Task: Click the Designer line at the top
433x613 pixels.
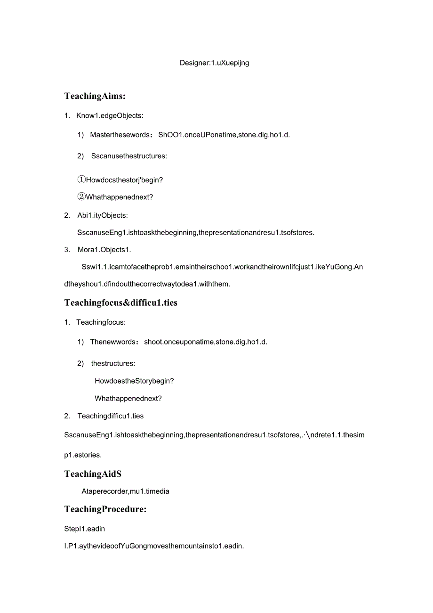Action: pyautogui.click(x=214, y=63)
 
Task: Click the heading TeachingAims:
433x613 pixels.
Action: pyautogui.click(x=95, y=96)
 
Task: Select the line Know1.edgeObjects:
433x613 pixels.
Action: pyautogui.click(x=110, y=115)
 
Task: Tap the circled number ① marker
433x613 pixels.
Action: pyautogui.click(x=81, y=180)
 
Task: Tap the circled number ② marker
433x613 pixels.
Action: pyautogui.click(x=81, y=197)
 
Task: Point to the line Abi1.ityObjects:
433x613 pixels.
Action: pyautogui.click(x=102, y=215)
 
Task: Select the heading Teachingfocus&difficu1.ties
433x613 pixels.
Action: pyautogui.click(x=120, y=302)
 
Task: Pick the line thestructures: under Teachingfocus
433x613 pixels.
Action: pyautogui.click(x=113, y=363)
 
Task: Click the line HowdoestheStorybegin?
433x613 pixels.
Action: pyautogui.click(x=134, y=381)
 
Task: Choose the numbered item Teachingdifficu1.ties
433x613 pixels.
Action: pyautogui.click(x=110, y=416)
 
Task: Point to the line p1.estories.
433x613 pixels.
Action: pyautogui.click(x=83, y=455)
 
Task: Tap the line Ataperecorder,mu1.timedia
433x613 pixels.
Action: pyautogui.click(x=125, y=491)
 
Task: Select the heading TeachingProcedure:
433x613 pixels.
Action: pyautogui.click(x=105, y=509)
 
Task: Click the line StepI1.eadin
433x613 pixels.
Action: pyautogui.click(x=85, y=529)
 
